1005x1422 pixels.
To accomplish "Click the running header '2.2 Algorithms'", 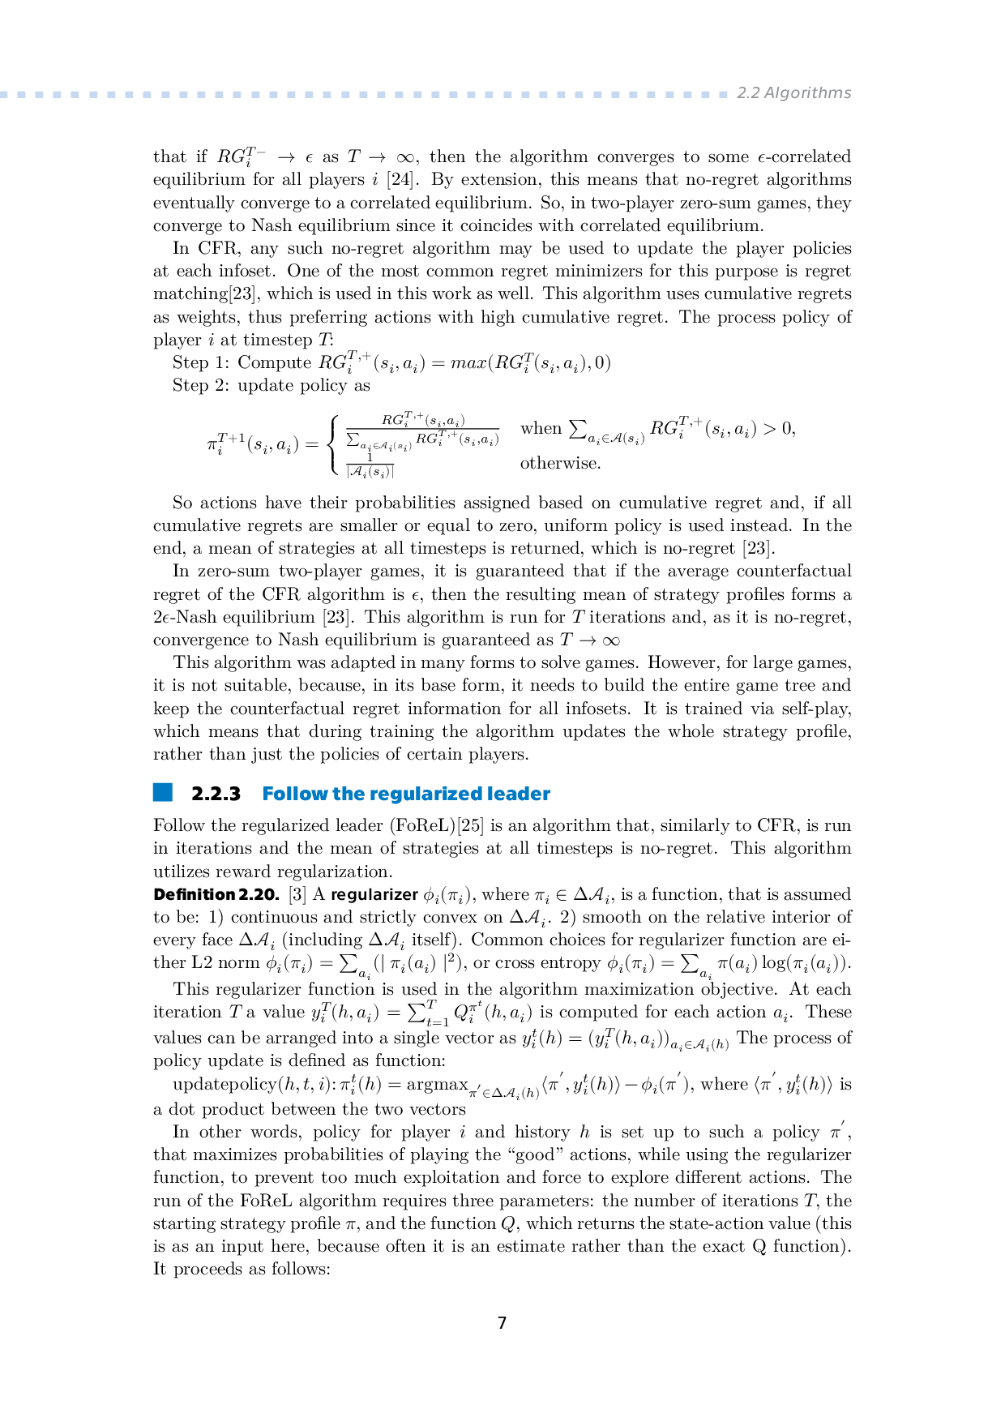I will [793, 93].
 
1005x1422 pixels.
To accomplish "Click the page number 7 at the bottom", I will [502, 1323].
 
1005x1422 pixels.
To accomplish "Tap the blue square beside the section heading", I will [163, 792].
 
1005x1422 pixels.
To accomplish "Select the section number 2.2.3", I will [216, 794].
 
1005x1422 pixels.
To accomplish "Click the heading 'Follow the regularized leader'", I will [406, 794].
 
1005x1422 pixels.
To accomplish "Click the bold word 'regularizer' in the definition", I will [374, 894].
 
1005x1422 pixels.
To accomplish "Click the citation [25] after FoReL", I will [470, 825].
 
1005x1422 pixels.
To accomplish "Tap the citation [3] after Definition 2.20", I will [297, 894].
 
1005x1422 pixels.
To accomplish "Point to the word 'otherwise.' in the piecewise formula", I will [560, 463].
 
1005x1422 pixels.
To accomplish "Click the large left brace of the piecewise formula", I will [331, 444].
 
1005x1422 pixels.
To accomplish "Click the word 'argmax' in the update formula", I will [437, 1085].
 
